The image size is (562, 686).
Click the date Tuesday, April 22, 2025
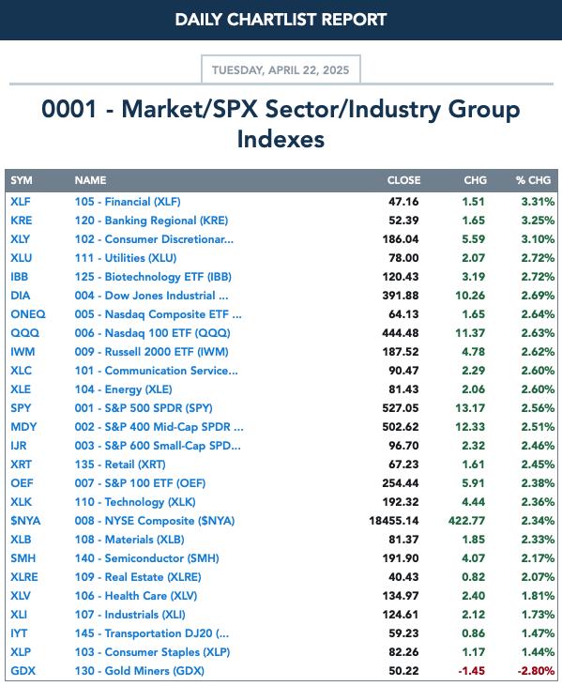pos(281,70)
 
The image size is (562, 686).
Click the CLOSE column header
pos(403,180)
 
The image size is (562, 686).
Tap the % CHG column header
pos(533,180)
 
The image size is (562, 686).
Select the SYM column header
pos(22,180)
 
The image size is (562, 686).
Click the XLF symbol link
pos(21,202)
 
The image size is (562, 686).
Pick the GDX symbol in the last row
pos(23,671)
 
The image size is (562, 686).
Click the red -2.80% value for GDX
pos(536,671)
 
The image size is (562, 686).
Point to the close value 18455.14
pos(394,521)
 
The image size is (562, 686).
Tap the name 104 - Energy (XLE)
pos(123,389)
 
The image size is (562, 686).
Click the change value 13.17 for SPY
pos(470,407)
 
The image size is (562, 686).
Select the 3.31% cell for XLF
pos(538,202)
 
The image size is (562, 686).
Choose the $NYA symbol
pos(25,521)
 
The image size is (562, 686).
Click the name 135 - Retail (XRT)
pos(120,465)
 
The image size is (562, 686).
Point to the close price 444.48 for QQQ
pos(401,333)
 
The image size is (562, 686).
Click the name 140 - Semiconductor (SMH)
pos(147,558)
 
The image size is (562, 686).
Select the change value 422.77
pos(466,521)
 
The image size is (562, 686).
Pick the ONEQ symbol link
pos(28,314)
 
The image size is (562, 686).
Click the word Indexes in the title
pos(281,139)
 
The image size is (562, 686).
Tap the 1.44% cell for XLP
pos(538,652)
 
